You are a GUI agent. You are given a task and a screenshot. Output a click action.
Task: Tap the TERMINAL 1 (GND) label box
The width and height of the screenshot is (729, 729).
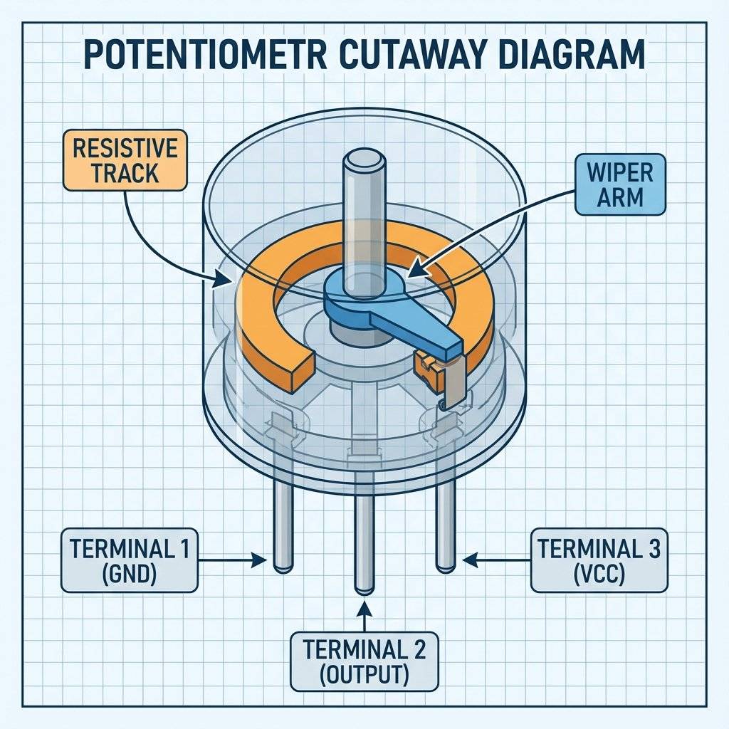[129, 560]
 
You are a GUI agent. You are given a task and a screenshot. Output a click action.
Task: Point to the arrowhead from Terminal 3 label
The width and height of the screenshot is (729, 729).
[468, 560]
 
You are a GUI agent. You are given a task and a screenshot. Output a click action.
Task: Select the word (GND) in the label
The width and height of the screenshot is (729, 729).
[129, 574]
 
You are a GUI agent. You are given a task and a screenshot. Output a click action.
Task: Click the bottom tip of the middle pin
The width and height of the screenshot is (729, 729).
[364, 588]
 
